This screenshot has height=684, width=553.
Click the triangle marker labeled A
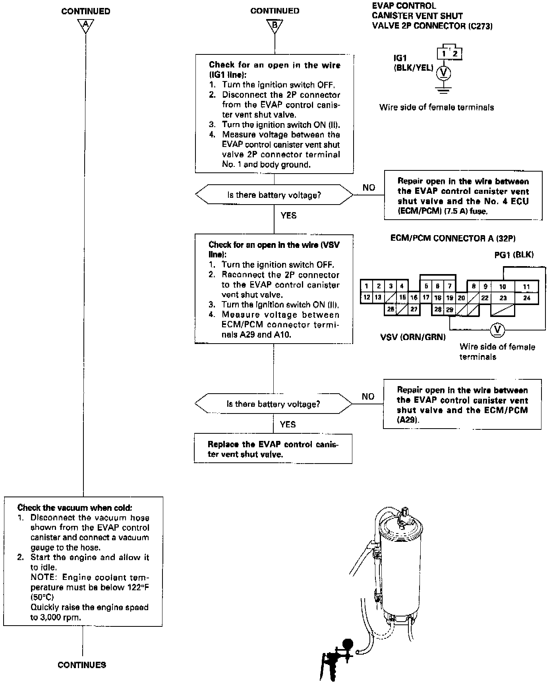pyautogui.click(x=85, y=25)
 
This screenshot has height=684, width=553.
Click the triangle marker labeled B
pyautogui.click(x=275, y=25)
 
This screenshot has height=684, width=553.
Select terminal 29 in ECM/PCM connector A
pyautogui.click(x=449, y=310)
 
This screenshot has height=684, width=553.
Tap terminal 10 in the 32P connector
pyautogui.click(x=503, y=286)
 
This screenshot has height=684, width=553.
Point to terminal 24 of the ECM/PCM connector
pyautogui.click(x=527, y=298)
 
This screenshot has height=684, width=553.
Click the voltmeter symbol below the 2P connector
pyautogui.click(x=443, y=73)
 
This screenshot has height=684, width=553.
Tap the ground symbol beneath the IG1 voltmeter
pyautogui.click(x=443, y=90)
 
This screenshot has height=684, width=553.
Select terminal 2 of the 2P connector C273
pyautogui.click(x=455, y=54)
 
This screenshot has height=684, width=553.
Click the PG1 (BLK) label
pyautogui.click(x=514, y=255)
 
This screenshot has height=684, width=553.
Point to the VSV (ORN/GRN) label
pyautogui.click(x=413, y=337)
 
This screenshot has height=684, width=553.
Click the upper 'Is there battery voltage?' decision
pyautogui.click(x=274, y=195)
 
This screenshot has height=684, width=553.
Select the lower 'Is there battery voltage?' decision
pyautogui.click(x=273, y=404)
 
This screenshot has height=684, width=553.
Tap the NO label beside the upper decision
pyautogui.click(x=369, y=187)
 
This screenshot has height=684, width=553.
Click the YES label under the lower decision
pyautogui.click(x=288, y=425)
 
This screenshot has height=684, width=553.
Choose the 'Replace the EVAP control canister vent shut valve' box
pyautogui.click(x=273, y=449)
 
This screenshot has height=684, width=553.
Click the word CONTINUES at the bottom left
pyautogui.click(x=82, y=665)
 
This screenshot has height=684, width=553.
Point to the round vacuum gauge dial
pyautogui.click(x=348, y=643)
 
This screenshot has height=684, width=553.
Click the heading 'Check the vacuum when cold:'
pyautogui.click(x=75, y=508)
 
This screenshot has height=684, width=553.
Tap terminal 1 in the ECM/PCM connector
pyautogui.click(x=366, y=286)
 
